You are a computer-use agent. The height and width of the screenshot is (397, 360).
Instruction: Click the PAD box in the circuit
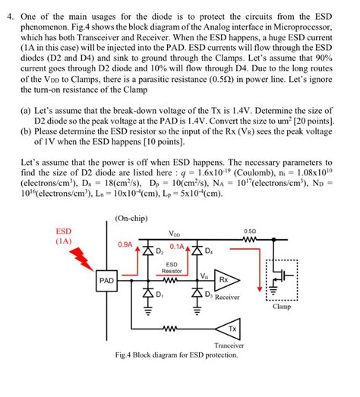click(x=107, y=280)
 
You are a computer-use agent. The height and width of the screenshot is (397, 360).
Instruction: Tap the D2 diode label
click(x=159, y=251)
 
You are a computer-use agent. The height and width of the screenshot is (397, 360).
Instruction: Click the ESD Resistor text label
click(x=172, y=267)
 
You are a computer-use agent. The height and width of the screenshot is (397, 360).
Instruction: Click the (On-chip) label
click(x=133, y=217)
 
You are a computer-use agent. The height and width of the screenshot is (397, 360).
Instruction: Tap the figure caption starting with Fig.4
click(x=185, y=354)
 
